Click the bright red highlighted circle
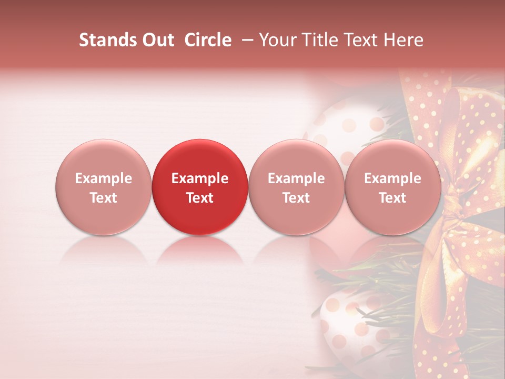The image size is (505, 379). tap(200, 187)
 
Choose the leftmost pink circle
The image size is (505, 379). tap(103, 187)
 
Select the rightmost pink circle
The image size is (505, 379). tap(393, 187)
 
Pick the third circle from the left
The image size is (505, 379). tap(296, 187)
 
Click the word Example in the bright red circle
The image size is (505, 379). tap(200, 178)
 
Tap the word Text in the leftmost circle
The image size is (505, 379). tap(103, 198)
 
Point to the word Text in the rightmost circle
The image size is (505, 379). tap(393, 198)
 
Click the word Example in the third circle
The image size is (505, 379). tap(296, 178)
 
